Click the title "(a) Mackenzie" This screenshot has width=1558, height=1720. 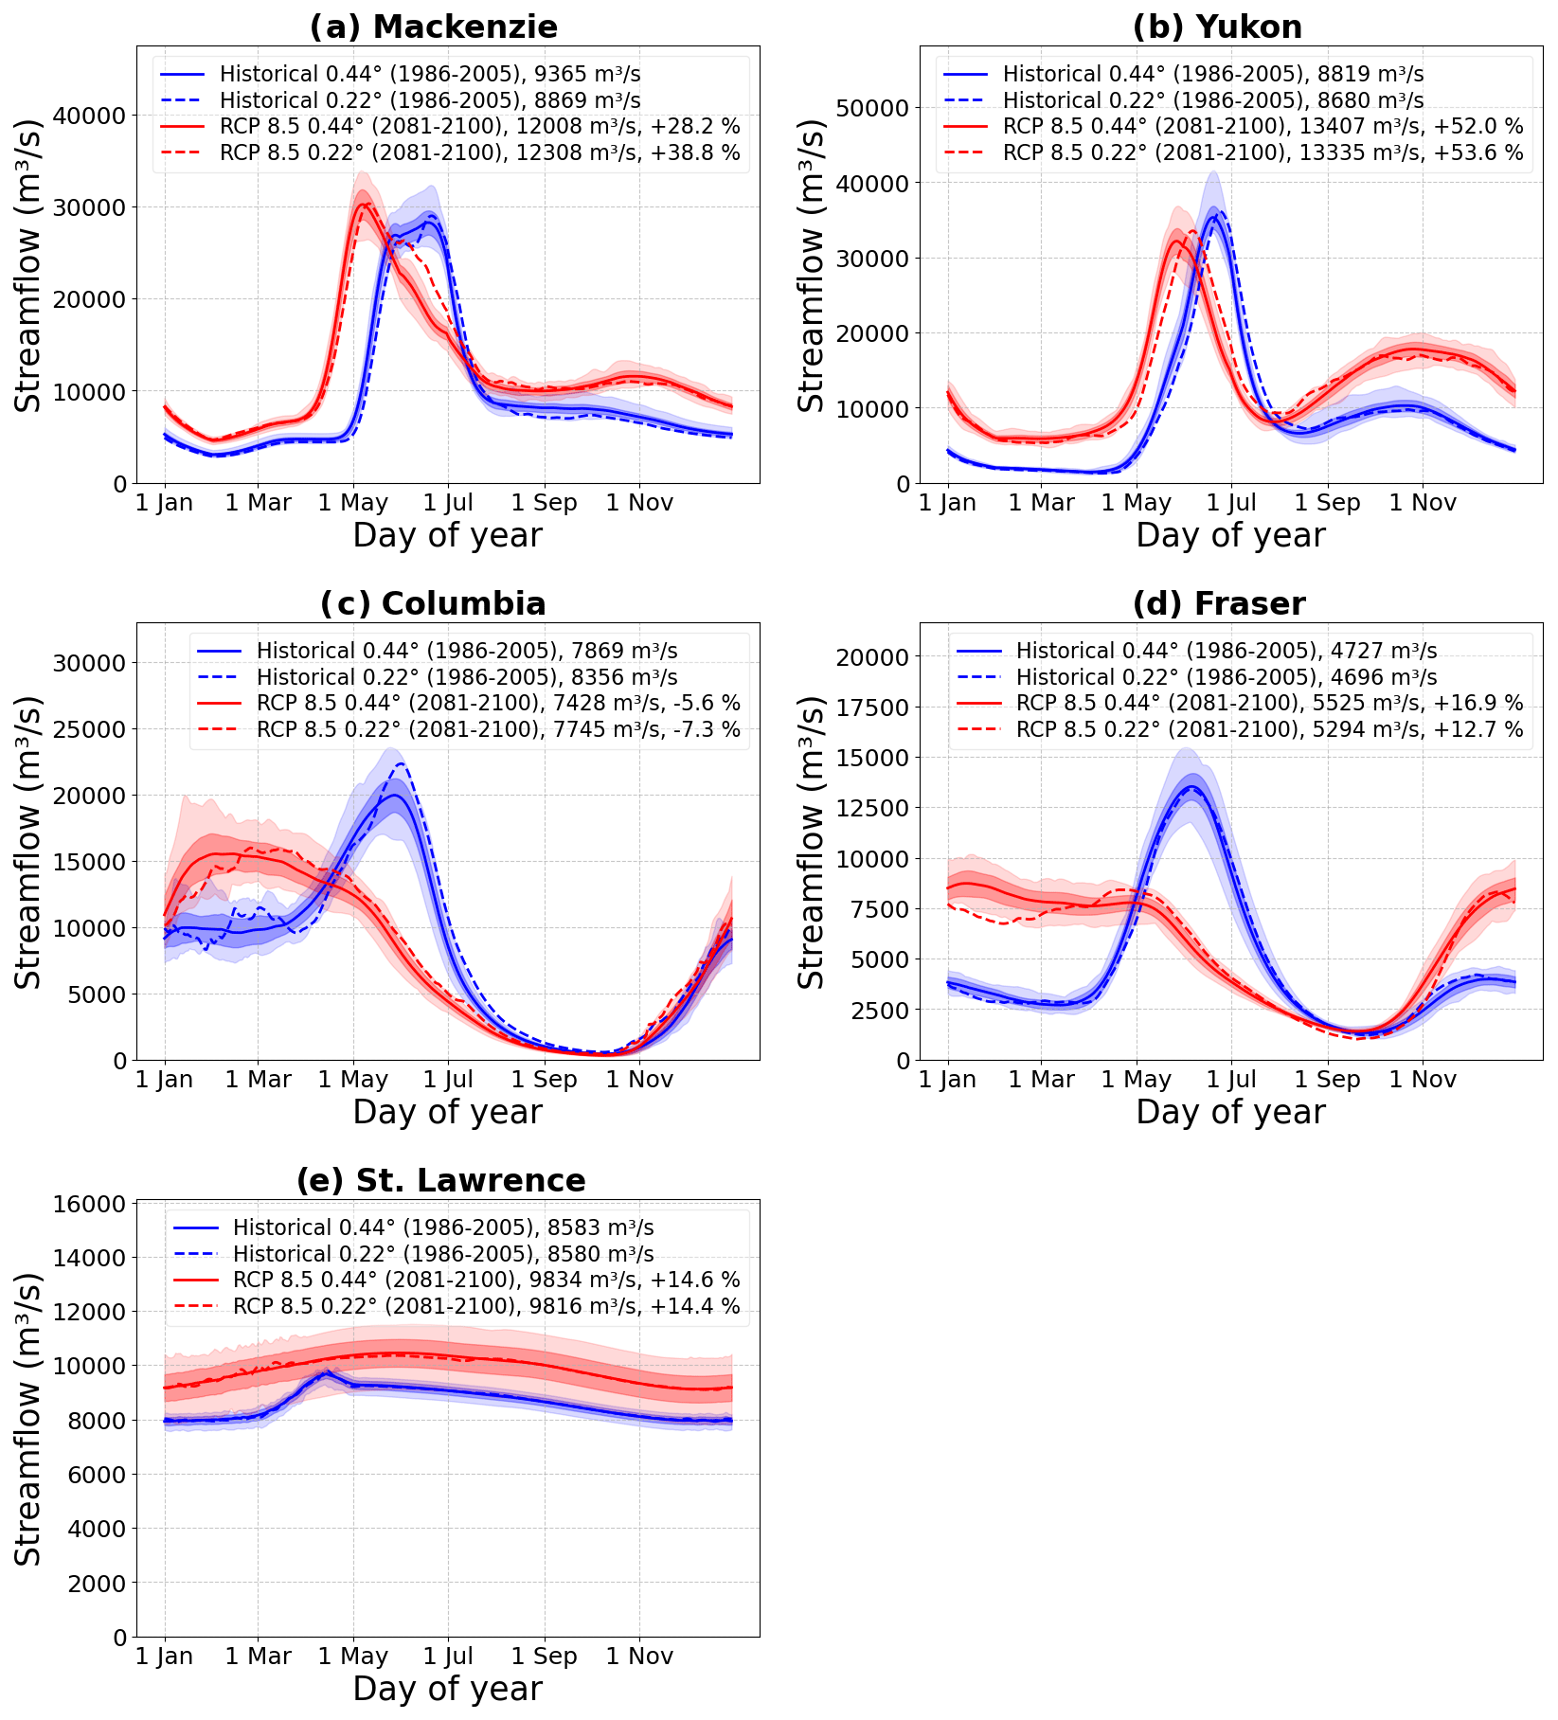click(434, 27)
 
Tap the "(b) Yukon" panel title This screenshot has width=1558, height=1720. click(1217, 27)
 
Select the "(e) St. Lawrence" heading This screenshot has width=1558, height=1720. click(440, 1180)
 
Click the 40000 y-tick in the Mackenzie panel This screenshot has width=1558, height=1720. click(92, 116)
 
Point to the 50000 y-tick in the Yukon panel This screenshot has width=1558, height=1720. click(875, 108)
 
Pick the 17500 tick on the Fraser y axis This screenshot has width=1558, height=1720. click(875, 708)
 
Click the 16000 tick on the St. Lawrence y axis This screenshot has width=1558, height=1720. click(92, 1204)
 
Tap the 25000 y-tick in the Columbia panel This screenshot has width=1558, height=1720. click(92, 729)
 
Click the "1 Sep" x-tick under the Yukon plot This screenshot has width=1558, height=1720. click(1327, 503)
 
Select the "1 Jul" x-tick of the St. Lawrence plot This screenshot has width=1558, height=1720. click(449, 1657)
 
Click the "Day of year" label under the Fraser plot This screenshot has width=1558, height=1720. click(1230, 1112)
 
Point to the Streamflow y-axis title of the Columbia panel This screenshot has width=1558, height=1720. click(28, 842)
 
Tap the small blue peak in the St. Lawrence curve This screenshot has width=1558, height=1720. click(326, 1371)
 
